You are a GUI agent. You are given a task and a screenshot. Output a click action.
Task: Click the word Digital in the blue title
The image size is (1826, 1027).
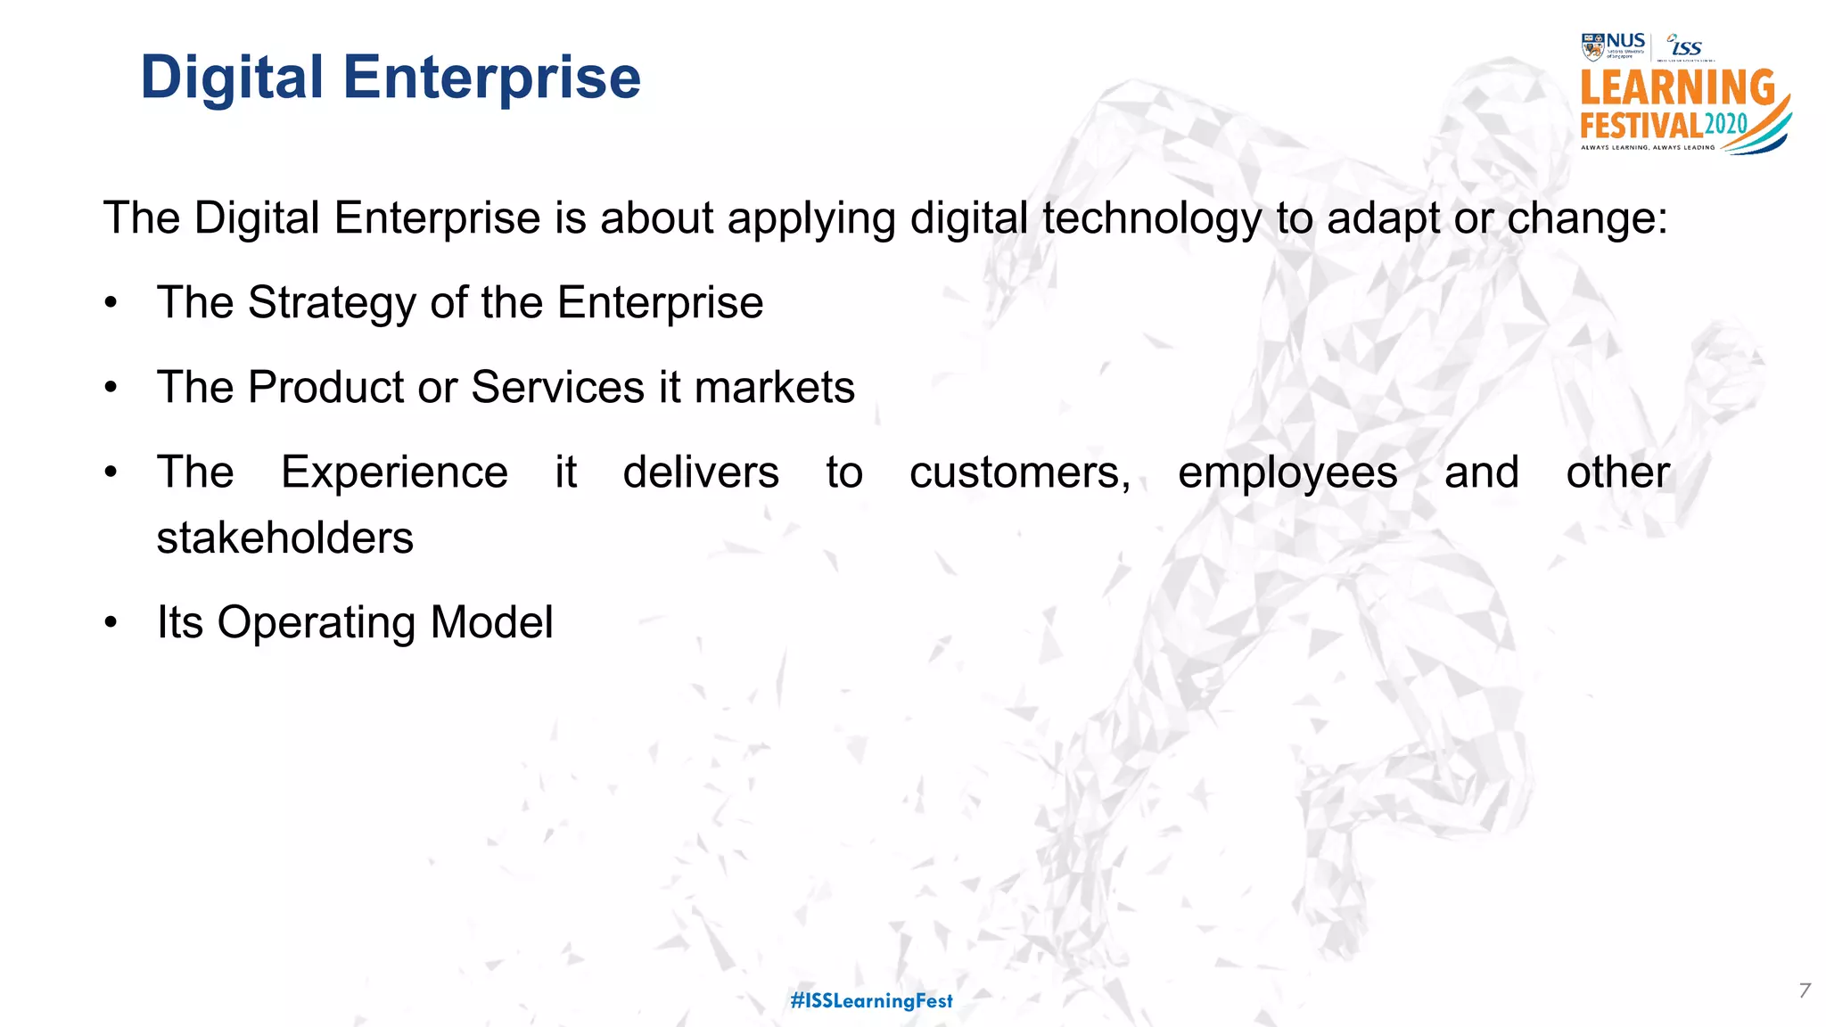[231, 78]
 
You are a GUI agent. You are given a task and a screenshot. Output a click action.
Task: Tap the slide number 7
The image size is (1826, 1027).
[1805, 990]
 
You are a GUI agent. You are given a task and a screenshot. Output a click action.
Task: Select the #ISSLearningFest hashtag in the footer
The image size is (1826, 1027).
[871, 1001]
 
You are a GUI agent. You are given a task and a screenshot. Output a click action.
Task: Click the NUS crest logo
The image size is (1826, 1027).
[1592, 46]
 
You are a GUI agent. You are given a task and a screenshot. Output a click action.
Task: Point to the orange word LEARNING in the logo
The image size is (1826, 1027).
[1677, 88]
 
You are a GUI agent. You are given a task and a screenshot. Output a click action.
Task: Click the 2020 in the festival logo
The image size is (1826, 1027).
[1725, 124]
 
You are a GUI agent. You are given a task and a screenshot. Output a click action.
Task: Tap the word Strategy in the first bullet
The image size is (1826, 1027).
[332, 303]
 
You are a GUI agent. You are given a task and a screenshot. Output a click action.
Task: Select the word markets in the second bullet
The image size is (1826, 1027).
[774, 388]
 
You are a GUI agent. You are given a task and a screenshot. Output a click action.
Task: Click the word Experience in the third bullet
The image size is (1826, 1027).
[394, 472]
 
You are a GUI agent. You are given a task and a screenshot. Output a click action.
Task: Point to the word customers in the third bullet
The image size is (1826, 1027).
[1019, 472]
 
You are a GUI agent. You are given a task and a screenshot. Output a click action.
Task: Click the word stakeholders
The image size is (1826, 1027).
[284, 538]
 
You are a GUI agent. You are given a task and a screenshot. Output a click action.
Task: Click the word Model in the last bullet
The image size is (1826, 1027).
[491, 622]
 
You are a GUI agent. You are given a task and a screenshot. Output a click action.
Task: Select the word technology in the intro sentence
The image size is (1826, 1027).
[1151, 219]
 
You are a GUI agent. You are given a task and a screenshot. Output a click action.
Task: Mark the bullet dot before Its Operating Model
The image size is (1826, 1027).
[111, 623]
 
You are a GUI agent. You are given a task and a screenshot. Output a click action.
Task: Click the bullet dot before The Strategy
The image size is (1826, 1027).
[111, 303]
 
